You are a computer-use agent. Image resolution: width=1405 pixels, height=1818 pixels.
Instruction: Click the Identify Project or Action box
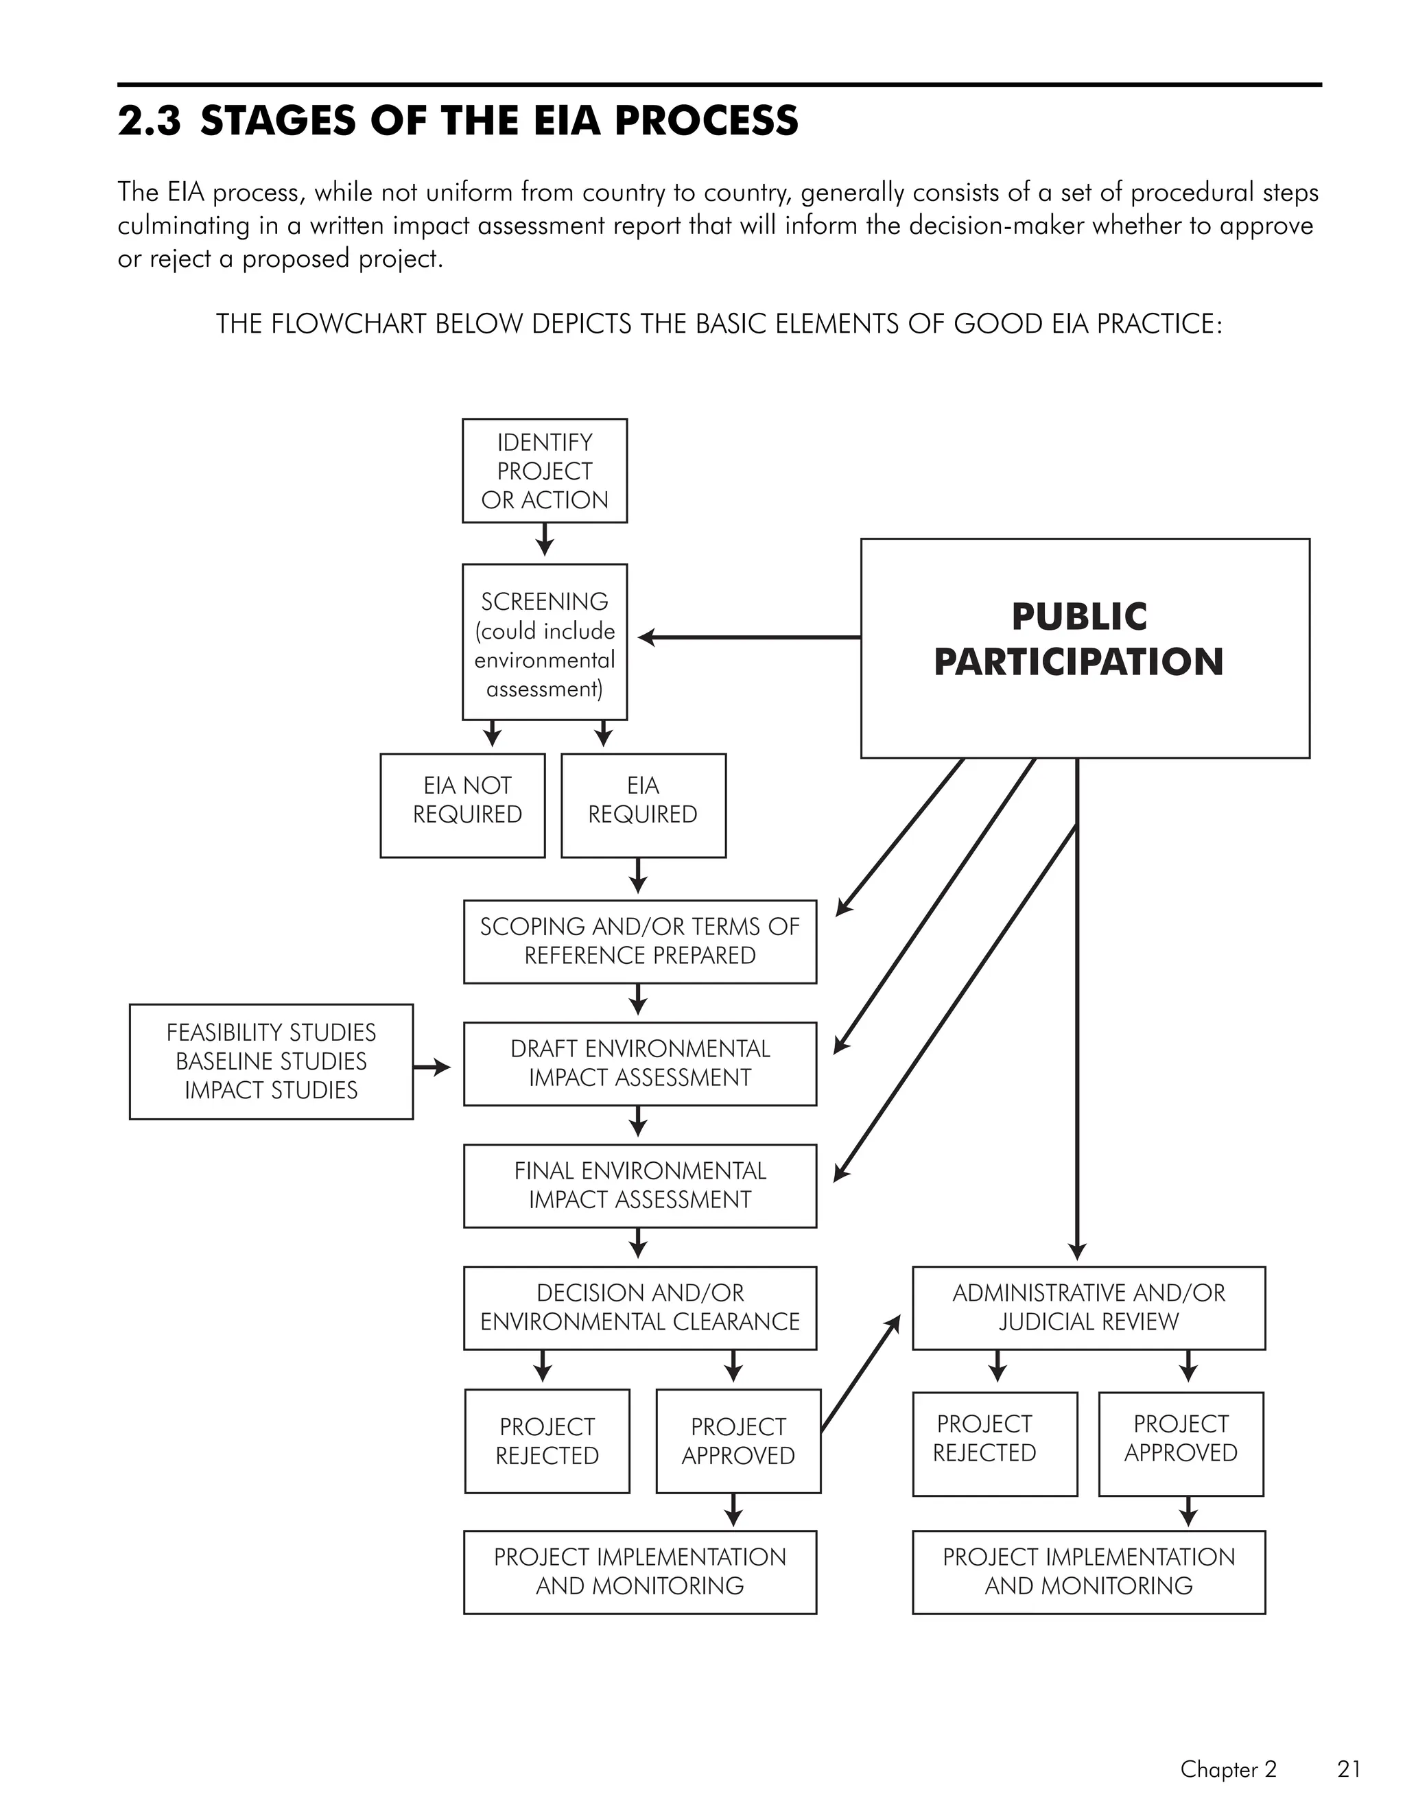click(544, 471)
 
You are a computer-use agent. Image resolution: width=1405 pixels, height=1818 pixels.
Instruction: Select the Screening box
click(544, 642)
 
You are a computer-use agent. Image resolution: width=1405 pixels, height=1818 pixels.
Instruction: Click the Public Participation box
click(1085, 648)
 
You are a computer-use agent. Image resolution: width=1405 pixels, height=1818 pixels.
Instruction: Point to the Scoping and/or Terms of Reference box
click(639, 941)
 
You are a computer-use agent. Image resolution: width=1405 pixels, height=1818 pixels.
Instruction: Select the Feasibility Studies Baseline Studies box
click(272, 1061)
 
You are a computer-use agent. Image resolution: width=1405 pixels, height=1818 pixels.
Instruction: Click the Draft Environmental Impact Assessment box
click(639, 1064)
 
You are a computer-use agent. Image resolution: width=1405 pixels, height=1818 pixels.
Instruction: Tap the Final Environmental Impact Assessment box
click(639, 1185)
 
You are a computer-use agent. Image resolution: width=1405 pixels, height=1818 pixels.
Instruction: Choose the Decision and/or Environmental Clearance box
click(639, 1308)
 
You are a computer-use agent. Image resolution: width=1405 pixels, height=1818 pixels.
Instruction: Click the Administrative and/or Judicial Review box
click(1088, 1308)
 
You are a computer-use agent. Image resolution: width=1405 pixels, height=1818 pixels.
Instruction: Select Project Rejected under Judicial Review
click(994, 1443)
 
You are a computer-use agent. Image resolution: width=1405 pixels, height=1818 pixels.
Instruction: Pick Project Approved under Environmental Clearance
click(737, 1441)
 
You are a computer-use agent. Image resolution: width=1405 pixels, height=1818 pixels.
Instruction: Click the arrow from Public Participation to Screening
click(749, 637)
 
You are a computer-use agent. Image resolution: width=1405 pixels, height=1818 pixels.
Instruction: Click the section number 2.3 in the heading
click(149, 121)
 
